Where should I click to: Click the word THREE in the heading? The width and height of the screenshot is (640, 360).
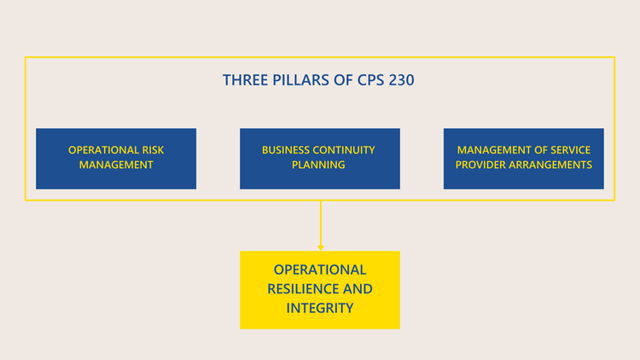242,80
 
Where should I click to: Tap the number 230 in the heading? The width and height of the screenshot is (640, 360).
403,80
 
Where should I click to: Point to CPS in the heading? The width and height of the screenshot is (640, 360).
367,80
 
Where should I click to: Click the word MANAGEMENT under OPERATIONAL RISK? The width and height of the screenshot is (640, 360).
116,165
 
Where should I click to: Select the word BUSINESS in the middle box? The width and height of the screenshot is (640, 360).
286,150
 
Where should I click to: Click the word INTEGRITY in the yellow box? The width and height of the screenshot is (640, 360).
320,308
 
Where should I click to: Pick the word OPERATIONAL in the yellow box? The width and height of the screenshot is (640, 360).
320,270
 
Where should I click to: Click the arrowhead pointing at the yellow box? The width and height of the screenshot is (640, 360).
320,247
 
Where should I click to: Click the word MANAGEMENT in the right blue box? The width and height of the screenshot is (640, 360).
494,150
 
